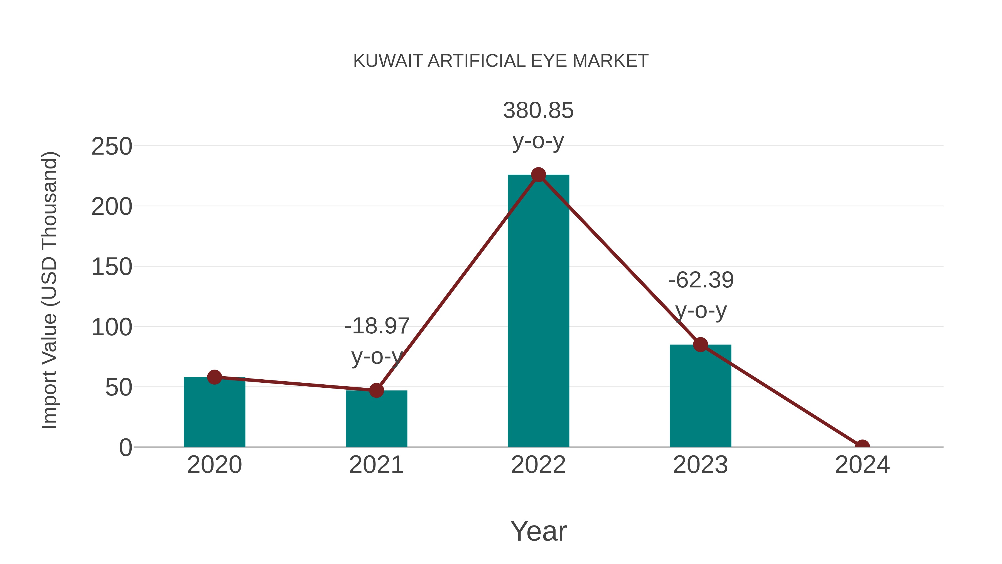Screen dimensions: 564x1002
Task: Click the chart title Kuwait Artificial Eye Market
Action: pyautogui.click(x=501, y=61)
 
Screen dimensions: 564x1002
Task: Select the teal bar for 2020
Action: pyautogui.click(x=214, y=412)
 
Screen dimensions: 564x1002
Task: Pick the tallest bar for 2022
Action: pyautogui.click(x=538, y=311)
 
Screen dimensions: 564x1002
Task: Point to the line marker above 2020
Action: pyautogui.click(x=214, y=377)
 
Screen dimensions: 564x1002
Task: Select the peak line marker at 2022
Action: pyautogui.click(x=538, y=175)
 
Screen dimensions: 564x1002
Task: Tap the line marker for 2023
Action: pyautogui.click(x=700, y=345)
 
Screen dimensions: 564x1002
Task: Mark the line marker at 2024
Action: pyautogui.click(x=862, y=446)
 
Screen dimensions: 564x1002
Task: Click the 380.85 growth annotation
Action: pyautogui.click(x=538, y=111)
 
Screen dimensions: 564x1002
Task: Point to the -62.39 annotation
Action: pyautogui.click(x=701, y=280)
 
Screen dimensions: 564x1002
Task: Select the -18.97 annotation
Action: pyautogui.click(x=377, y=326)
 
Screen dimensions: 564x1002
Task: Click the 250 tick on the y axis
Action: pyautogui.click(x=112, y=147)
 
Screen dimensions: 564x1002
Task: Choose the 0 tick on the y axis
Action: pyautogui.click(x=125, y=448)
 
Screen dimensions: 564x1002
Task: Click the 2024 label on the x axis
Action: pyautogui.click(x=862, y=465)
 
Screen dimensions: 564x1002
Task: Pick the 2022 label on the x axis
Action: pyautogui.click(x=538, y=465)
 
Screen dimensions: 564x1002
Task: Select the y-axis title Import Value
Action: pyautogui.click(x=50, y=290)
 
